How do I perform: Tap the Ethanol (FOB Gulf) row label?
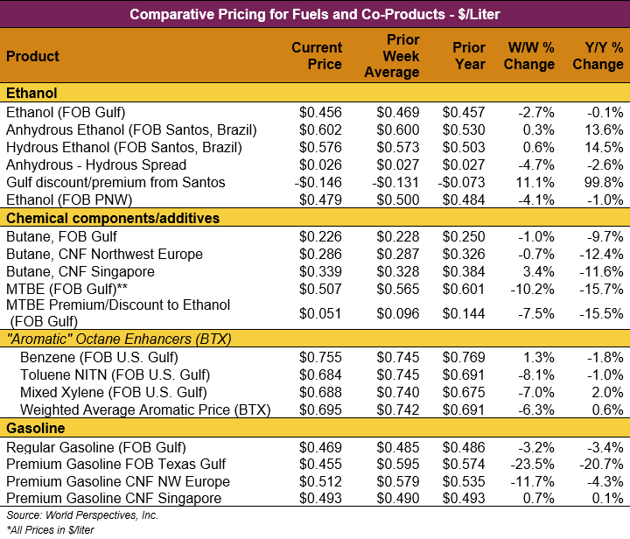pyautogui.click(x=66, y=112)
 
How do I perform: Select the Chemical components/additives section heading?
pyautogui.click(x=113, y=218)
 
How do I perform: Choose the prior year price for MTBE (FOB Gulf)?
pyautogui.click(x=464, y=289)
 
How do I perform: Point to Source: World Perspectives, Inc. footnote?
pyautogui.click(x=70, y=515)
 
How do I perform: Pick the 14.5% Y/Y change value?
pyautogui.click(x=605, y=147)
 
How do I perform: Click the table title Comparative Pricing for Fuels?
pyautogui.click(x=315, y=14)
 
